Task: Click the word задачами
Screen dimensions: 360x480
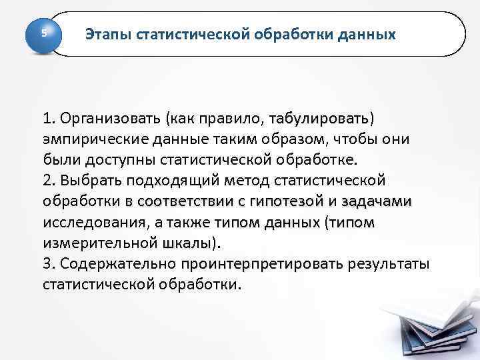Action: tap(379, 202)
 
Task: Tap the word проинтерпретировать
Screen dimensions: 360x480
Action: tap(262, 264)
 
